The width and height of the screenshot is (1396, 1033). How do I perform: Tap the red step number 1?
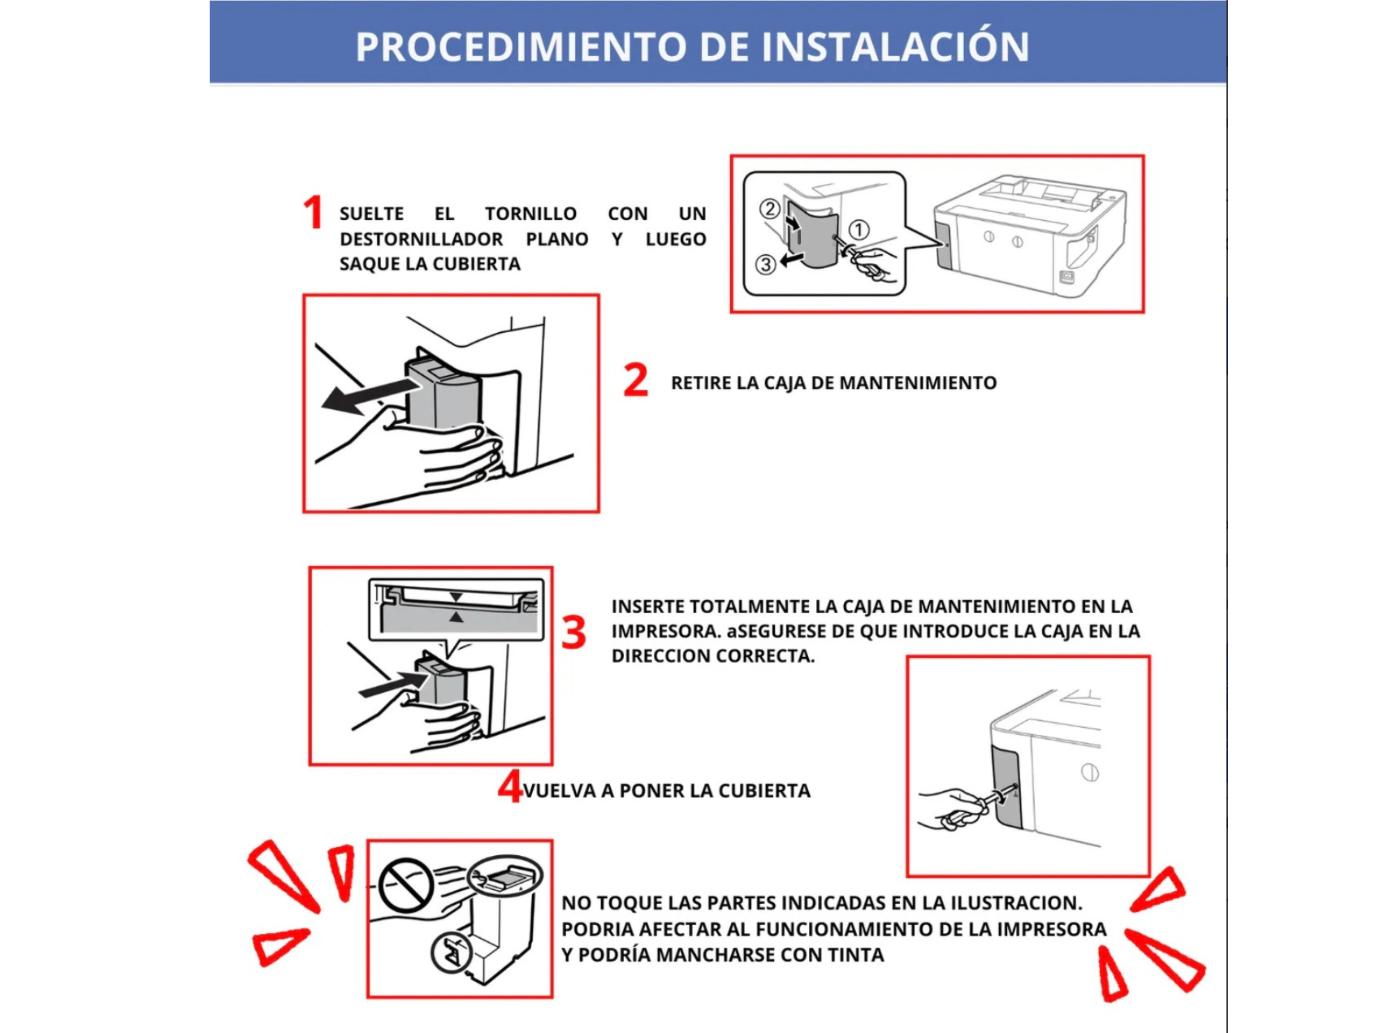coord(312,213)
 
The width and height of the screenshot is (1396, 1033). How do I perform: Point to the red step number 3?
coord(573,632)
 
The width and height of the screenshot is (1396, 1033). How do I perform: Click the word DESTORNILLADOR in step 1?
coord(421,239)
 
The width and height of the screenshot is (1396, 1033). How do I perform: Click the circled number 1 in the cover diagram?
coord(858,230)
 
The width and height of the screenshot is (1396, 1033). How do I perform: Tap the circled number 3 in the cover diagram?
coord(765,265)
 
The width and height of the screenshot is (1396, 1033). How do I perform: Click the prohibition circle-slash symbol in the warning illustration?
coord(406,885)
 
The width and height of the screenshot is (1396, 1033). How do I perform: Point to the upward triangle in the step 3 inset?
coord(456,618)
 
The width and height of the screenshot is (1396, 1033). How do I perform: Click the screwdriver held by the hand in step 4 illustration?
coord(975,807)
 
